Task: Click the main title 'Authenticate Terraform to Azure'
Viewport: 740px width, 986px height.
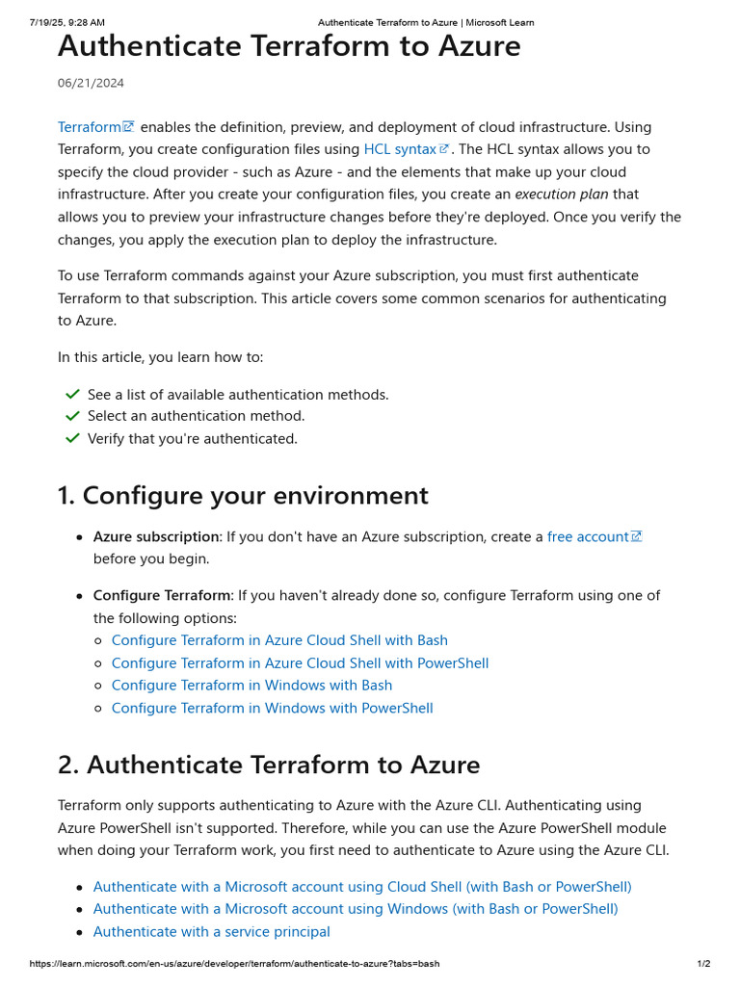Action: pyautogui.click(x=289, y=46)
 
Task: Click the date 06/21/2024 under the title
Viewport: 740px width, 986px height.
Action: pyautogui.click(x=91, y=84)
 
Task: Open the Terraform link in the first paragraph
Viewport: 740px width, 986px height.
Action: pyautogui.click(x=90, y=127)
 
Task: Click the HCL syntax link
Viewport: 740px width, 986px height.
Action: pyautogui.click(x=400, y=149)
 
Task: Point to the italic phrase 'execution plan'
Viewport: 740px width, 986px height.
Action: pyautogui.click(x=561, y=195)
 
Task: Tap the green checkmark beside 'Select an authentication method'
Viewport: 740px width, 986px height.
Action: pyautogui.click(x=72, y=416)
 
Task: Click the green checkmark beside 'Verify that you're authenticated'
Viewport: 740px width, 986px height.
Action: pyautogui.click(x=72, y=438)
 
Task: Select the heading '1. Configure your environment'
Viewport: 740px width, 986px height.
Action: pyautogui.click(x=243, y=496)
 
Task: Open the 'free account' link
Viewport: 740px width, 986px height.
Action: pyautogui.click(x=588, y=536)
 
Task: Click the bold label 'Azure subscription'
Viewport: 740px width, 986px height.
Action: pyautogui.click(x=156, y=536)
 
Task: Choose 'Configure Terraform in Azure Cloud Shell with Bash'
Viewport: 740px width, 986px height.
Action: pyautogui.click(x=279, y=640)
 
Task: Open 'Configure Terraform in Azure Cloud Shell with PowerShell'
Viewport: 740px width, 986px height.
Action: pyautogui.click(x=300, y=663)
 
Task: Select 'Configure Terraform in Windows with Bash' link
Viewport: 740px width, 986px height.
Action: pyautogui.click(x=251, y=686)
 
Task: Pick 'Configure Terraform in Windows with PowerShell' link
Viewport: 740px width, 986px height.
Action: pyautogui.click(x=272, y=709)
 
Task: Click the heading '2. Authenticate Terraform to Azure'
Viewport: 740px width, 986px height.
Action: pyautogui.click(x=269, y=765)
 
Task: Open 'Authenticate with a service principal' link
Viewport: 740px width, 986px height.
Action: pyautogui.click(x=211, y=932)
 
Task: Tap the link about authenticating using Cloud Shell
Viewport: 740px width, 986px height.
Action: pyautogui.click(x=362, y=887)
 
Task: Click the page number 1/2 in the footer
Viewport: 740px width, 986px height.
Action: pyautogui.click(x=703, y=964)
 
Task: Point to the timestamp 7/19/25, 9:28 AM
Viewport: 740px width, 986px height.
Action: pyautogui.click(x=67, y=22)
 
